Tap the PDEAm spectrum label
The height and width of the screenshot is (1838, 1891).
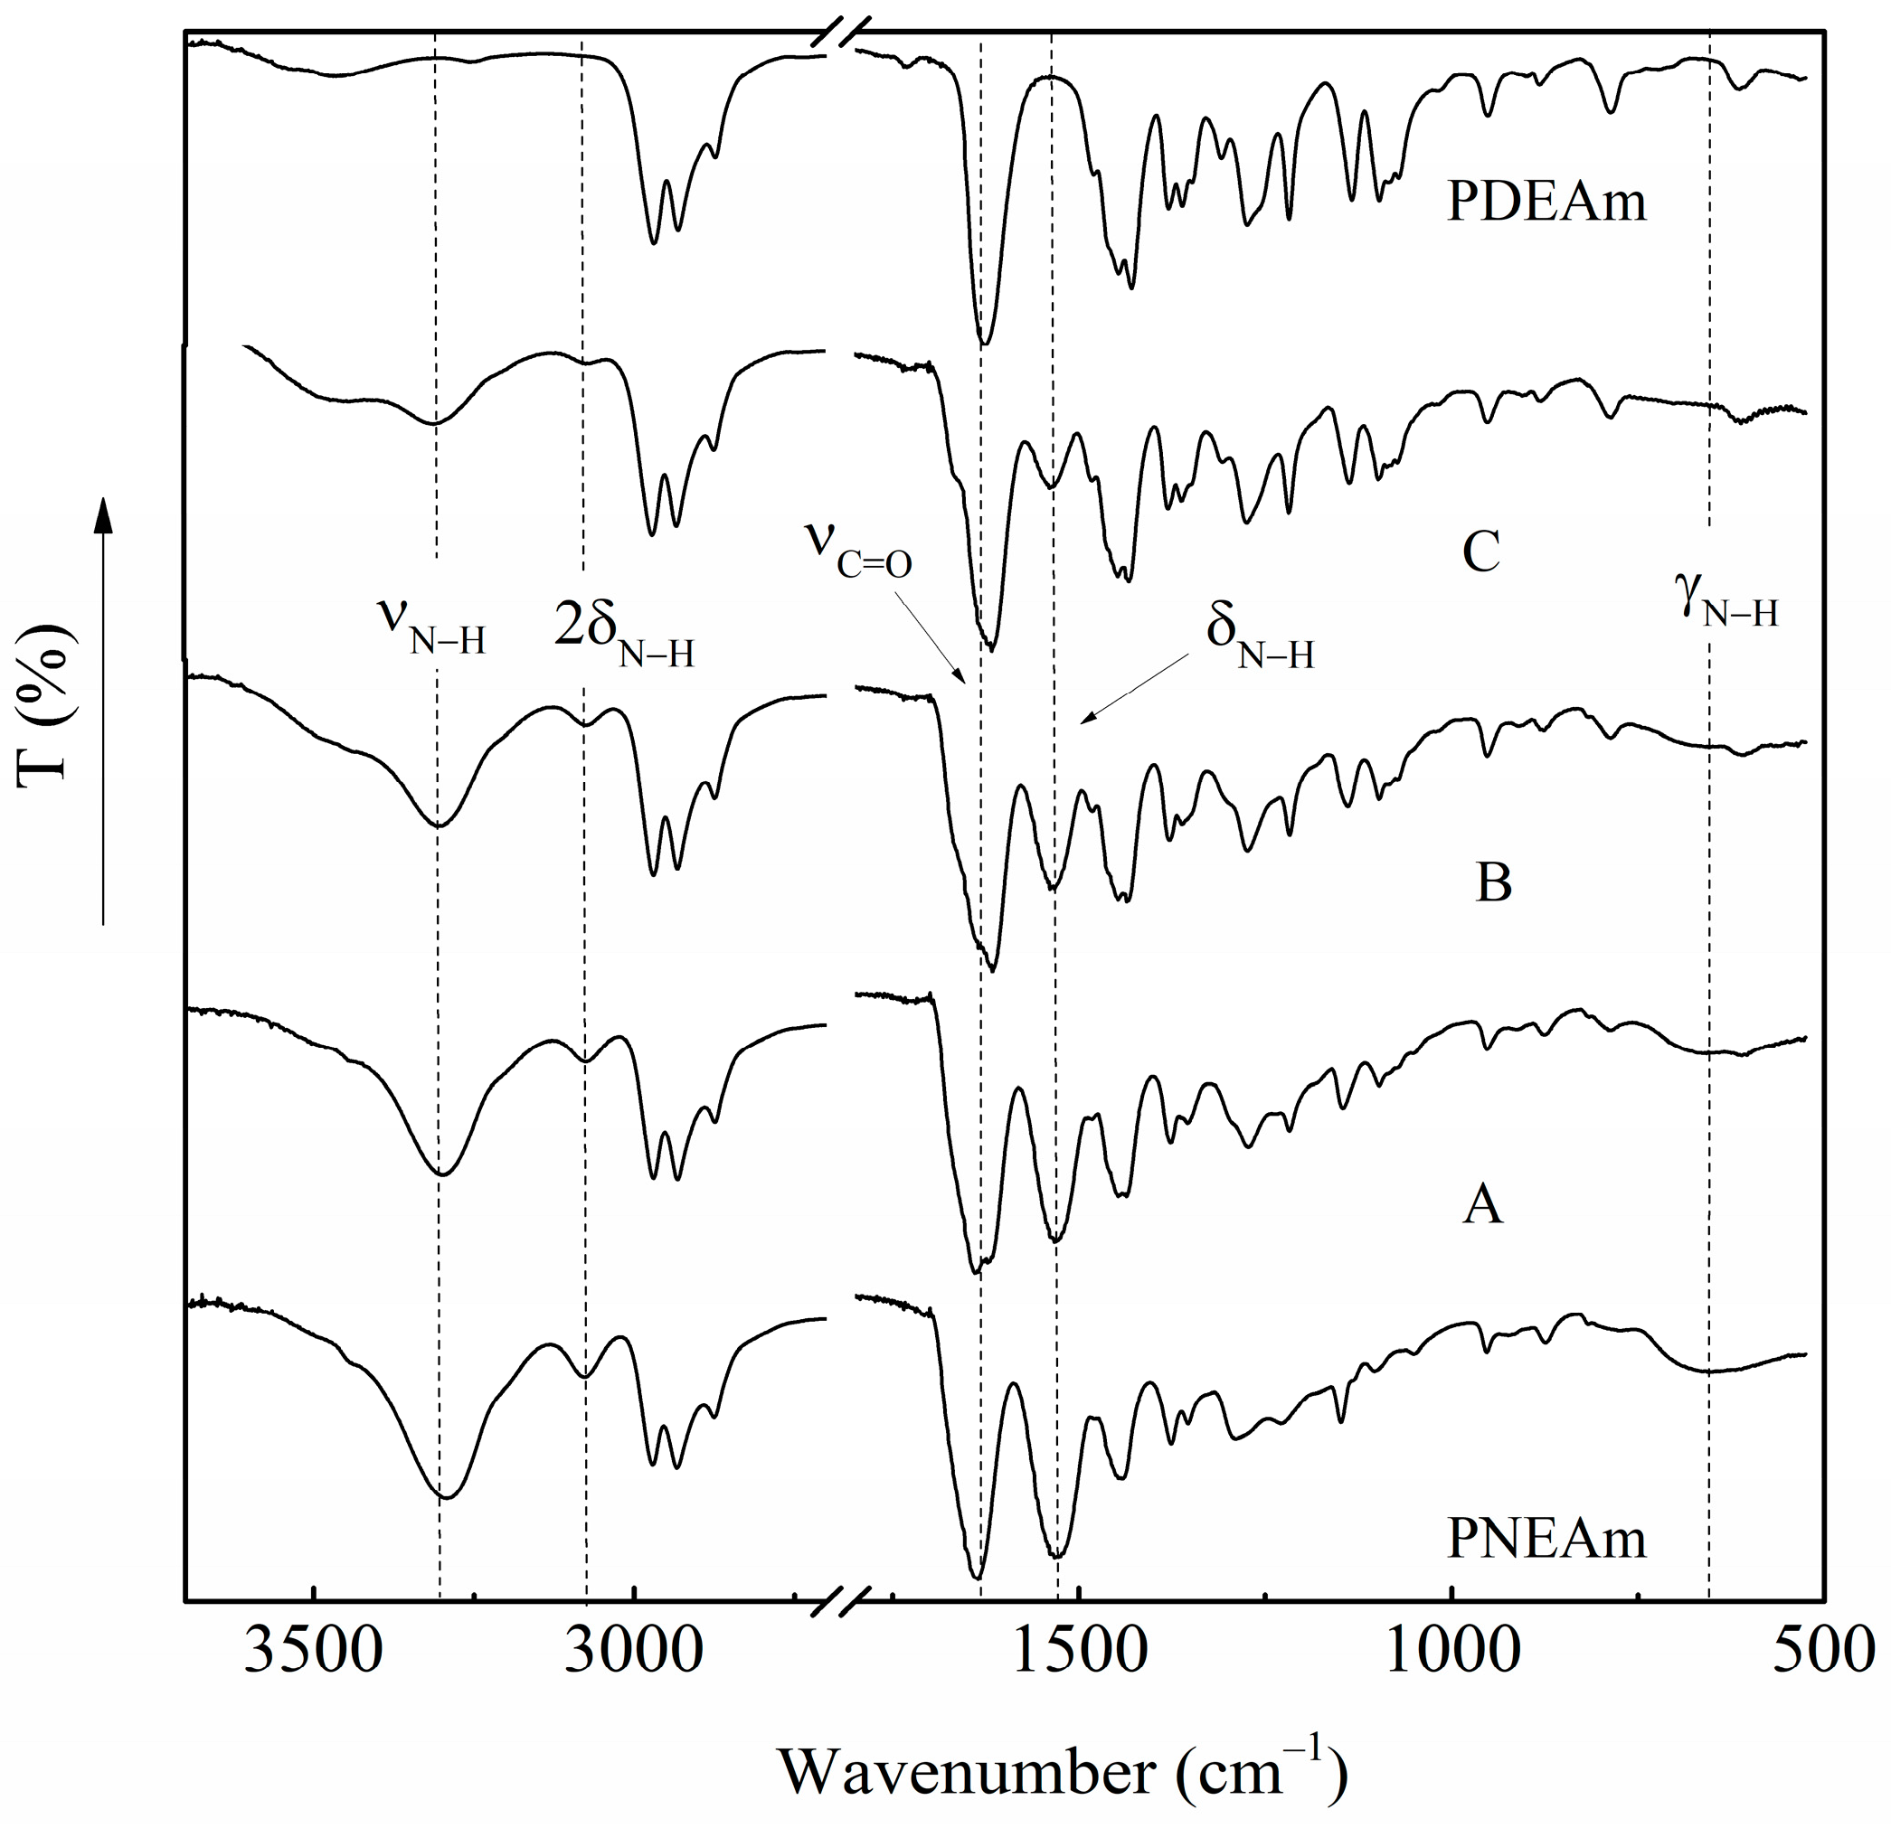pyautogui.click(x=1546, y=203)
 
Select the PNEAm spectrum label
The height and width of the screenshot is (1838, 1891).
pyautogui.click(x=1546, y=1537)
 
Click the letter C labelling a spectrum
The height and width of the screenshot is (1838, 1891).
pyautogui.click(x=1480, y=552)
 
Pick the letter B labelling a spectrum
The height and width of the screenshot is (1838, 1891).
pyautogui.click(x=1493, y=882)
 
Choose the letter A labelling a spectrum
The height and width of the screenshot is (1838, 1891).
pyautogui.click(x=1482, y=1205)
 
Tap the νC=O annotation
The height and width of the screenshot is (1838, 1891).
pyautogui.click(x=858, y=553)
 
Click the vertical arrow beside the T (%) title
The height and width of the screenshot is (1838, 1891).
pyautogui.click(x=104, y=710)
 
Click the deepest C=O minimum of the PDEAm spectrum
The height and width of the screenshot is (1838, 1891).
pyautogui.click(x=984, y=343)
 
